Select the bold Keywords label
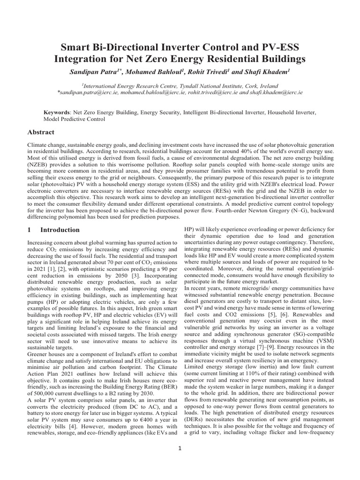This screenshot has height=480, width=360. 56,113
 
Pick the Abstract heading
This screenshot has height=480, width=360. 41,133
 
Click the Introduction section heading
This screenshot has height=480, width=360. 60,230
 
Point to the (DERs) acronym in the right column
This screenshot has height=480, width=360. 195,419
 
